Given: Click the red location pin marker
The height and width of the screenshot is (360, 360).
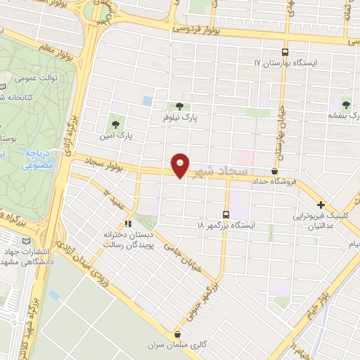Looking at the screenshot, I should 181,165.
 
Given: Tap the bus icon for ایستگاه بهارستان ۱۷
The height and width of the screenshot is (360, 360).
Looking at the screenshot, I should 285,51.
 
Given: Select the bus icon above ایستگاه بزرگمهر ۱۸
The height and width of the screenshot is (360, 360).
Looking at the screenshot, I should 226,214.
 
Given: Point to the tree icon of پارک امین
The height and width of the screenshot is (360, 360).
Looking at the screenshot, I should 114,124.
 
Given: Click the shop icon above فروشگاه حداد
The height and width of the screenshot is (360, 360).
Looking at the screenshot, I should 274,170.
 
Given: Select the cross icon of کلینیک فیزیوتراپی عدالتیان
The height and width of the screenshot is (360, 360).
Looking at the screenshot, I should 321,205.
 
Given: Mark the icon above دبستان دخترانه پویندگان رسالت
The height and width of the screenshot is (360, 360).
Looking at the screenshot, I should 127,224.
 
